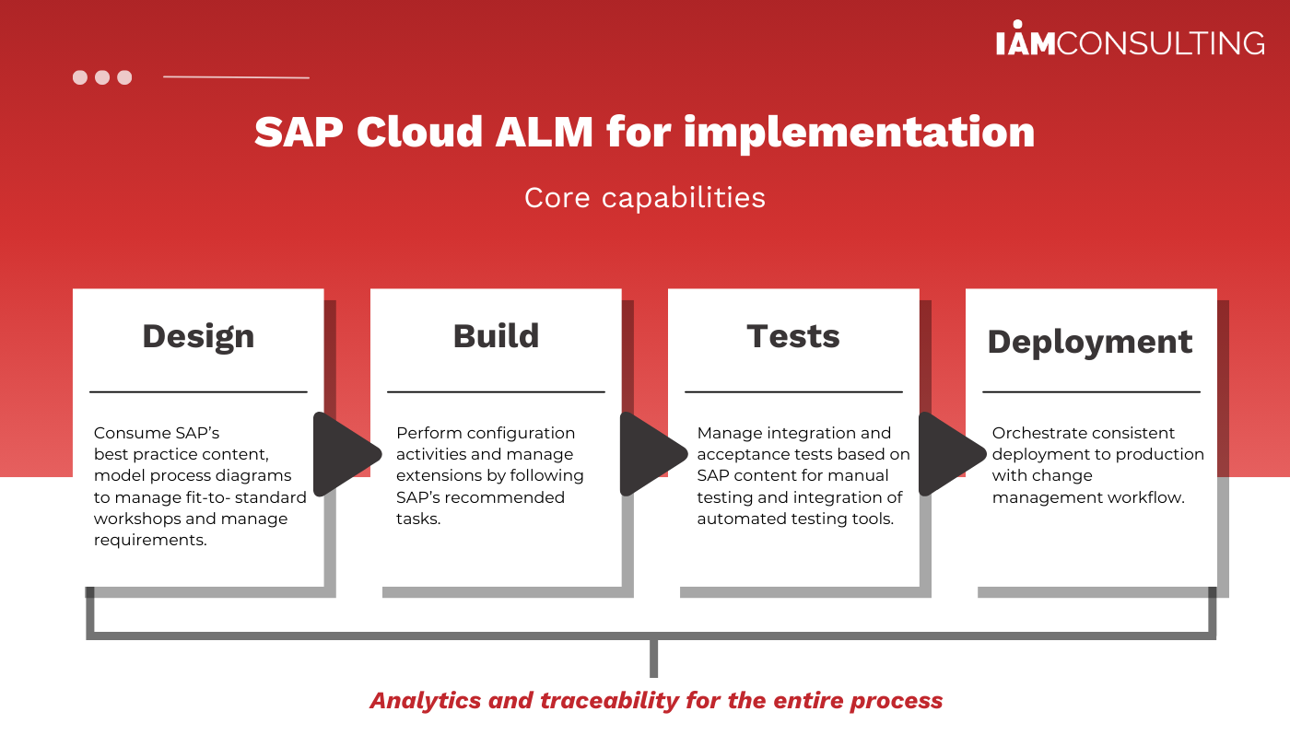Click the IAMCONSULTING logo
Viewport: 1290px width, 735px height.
coord(1130,39)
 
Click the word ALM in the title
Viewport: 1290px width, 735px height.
coord(545,132)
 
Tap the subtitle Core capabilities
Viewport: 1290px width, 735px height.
coord(645,198)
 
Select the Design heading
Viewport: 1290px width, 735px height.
coord(198,337)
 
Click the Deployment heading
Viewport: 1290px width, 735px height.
coord(1090,343)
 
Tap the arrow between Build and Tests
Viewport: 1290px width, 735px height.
coord(653,454)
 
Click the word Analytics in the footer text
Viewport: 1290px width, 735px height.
coord(426,701)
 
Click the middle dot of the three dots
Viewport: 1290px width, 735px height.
coord(102,77)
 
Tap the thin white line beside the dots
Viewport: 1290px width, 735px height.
coord(236,76)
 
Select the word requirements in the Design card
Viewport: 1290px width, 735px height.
coord(150,541)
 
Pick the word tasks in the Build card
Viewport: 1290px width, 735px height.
coord(418,519)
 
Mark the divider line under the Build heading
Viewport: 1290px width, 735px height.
coord(496,392)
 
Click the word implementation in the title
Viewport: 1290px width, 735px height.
coord(859,134)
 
